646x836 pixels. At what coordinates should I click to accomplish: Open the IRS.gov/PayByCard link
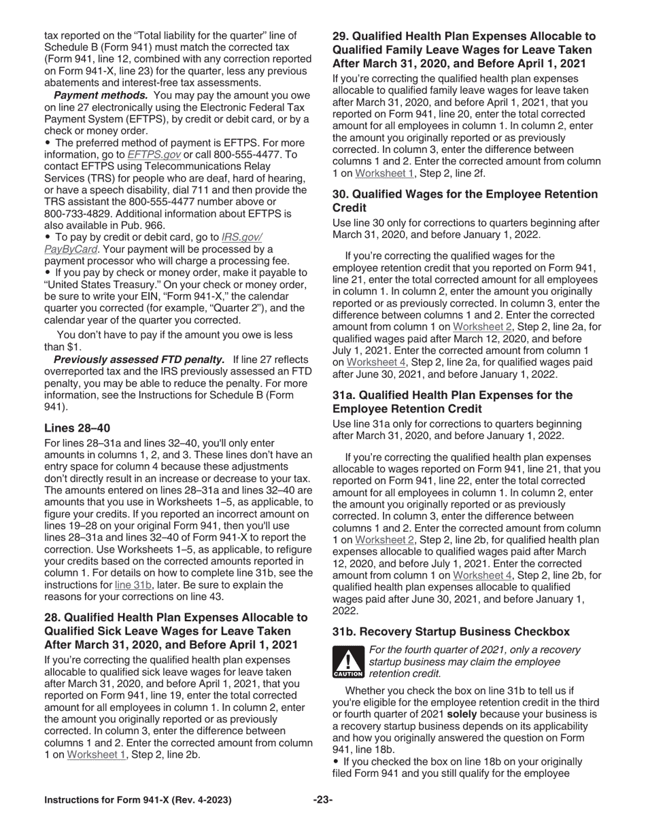[241, 237]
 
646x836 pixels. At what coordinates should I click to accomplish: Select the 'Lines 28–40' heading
[77, 428]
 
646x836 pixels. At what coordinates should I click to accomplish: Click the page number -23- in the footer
[322, 800]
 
